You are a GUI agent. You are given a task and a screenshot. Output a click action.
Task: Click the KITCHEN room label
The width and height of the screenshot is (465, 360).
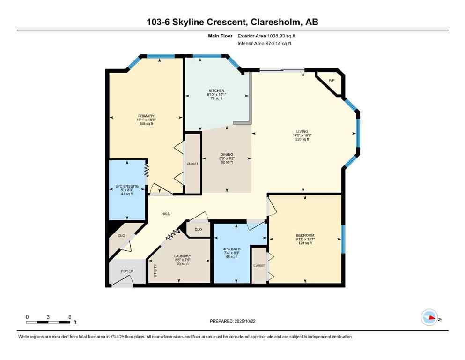pos(216,90)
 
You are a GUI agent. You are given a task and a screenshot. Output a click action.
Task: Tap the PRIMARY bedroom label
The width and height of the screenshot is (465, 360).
pos(146,116)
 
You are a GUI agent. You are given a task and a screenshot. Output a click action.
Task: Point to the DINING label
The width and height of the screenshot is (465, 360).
pos(227,154)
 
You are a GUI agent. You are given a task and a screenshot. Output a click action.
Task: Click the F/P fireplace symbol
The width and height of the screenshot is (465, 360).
pos(332,81)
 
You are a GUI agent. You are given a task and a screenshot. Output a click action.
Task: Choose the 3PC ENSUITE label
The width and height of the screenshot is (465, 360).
pos(125,186)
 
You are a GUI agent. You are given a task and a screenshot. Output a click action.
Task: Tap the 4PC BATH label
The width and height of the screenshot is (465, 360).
pos(231,249)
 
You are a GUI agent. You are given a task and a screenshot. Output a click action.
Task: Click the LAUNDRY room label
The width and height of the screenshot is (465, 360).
pos(183,256)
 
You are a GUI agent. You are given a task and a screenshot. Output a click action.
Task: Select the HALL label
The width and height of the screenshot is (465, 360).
pos(166,214)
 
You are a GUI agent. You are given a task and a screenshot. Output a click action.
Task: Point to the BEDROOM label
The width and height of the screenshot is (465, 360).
pos(305,235)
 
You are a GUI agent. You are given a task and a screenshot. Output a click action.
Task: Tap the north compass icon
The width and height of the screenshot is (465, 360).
pos(429,318)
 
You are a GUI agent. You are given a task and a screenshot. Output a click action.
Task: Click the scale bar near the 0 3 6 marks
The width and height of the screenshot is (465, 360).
pos(48,322)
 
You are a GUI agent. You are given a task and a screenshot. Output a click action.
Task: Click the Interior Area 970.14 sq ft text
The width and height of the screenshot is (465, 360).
pos(265,44)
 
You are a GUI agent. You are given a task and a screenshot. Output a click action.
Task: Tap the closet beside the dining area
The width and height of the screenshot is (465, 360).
pos(192,163)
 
